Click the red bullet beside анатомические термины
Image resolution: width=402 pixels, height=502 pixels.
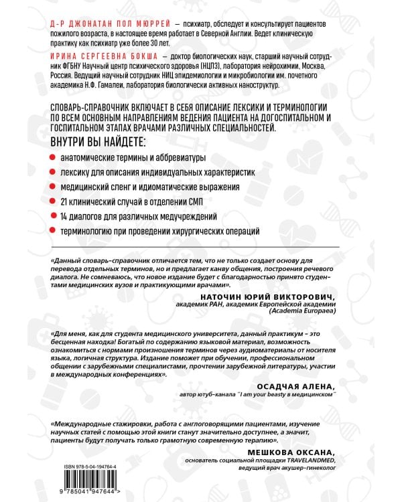pyautogui.click(x=54, y=158)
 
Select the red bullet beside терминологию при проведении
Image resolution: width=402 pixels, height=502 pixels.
pyautogui.click(x=54, y=232)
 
